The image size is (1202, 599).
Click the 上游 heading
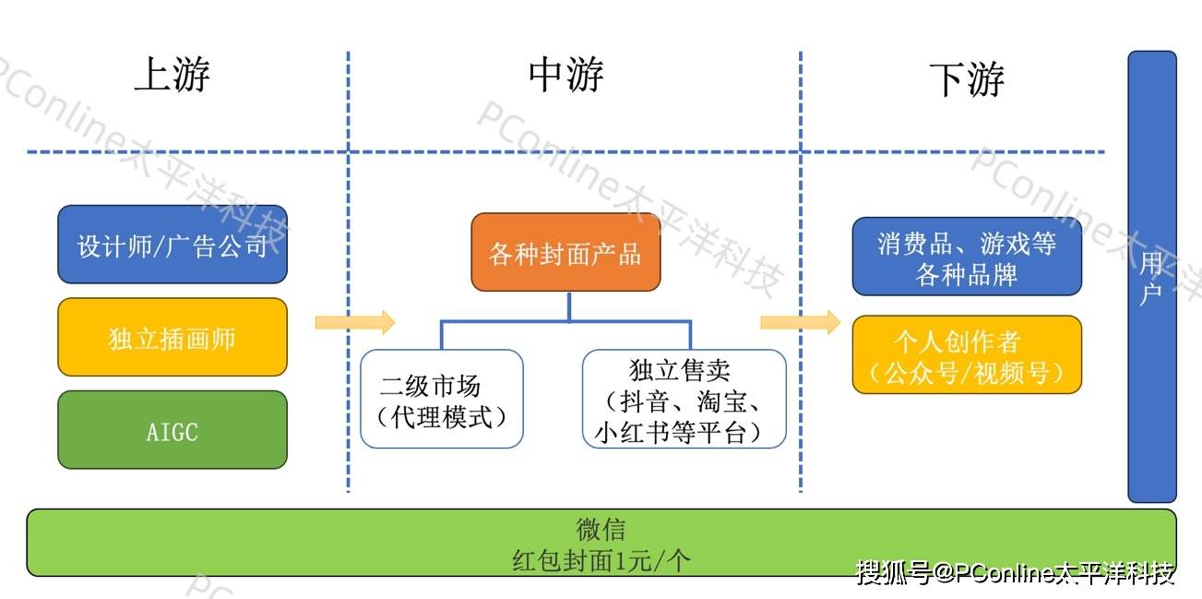tap(172, 75)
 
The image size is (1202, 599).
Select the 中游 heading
tap(566, 75)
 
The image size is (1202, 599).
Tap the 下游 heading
tap(966, 79)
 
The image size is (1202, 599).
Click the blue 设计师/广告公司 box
tap(173, 245)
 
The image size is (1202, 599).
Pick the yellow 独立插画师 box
tap(173, 338)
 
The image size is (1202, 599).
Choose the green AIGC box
tap(173, 430)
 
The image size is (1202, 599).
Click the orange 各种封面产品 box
tap(565, 253)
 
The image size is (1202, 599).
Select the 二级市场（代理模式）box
tap(442, 400)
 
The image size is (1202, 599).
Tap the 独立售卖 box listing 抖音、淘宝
tap(684, 400)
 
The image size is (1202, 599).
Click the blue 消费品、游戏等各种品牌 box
tap(966, 258)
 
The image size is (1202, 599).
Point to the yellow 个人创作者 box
tap(966, 355)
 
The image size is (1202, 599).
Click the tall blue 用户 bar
tap(1151, 277)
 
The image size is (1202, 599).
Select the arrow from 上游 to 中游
tap(355, 322)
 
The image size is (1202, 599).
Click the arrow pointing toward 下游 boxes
tap(800, 322)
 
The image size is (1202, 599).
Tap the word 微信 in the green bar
tap(601, 530)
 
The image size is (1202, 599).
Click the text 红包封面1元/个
tap(601, 559)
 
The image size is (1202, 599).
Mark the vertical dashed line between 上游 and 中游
tap(349, 277)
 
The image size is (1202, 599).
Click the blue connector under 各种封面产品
tap(567, 320)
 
